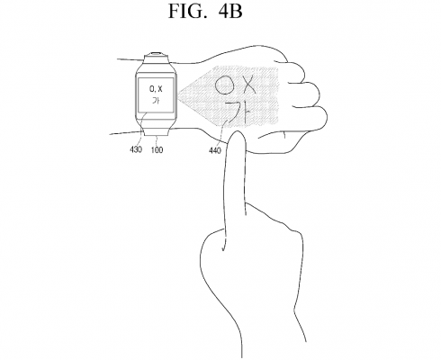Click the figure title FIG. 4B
click(205, 11)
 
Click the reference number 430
click(136, 149)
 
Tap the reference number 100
click(157, 149)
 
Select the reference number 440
click(215, 150)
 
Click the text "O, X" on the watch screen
click(156, 89)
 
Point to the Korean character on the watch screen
click(156, 101)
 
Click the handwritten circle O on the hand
click(225, 86)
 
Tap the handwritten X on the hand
click(248, 84)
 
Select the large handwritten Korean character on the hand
click(238, 113)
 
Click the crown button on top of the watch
click(156, 54)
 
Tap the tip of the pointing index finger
click(238, 132)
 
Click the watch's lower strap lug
click(156, 131)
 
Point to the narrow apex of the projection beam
click(178, 96)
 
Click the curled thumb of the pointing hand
click(213, 243)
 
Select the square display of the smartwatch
click(156, 94)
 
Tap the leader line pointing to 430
click(141, 129)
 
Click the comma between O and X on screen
click(154, 92)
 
